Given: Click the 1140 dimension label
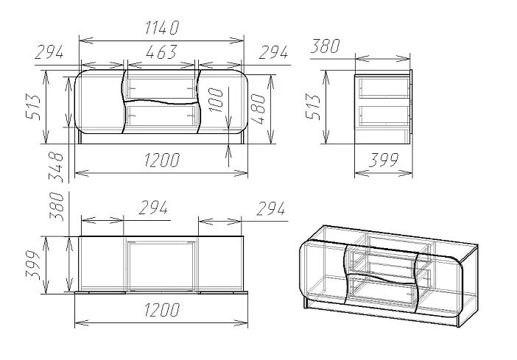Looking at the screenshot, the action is pyautogui.click(x=162, y=28).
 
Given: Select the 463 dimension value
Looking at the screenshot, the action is pyautogui.click(x=161, y=52).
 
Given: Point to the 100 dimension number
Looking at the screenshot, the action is pyautogui.click(x=217, y=100).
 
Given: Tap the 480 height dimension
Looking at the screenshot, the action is pyautogui.click(x=258, y=109).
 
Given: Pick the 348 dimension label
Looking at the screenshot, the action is pyautogui.click(x=56, y=167).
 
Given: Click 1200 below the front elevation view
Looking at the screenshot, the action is pyautogui.click(x=162, y=160).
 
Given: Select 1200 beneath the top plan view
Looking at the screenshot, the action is pyautogui.click(x=162, y=309).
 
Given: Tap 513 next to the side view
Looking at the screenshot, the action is pyautogui.click(x=313, y=107).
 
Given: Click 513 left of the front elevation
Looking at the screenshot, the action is pyautogui.click(x=33, y=107).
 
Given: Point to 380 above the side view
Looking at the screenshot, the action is pyautogui.click(x=325, y=46).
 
